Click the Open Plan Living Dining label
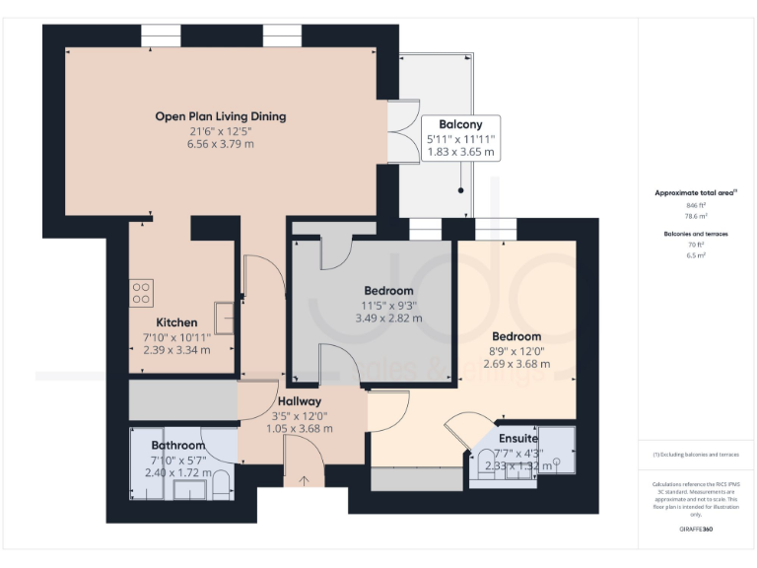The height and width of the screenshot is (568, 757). (x=221, y=116)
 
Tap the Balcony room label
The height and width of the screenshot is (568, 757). (x=460, y=124)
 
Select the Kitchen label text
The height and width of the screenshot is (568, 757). (x=176, y=322)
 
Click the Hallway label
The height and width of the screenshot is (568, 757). (x=299, y=401)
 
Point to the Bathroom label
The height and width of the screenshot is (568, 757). (x=177, y=446)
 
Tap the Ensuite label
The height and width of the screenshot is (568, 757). (x=518, y=438)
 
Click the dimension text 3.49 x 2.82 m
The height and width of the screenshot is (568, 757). (x=388, y=319)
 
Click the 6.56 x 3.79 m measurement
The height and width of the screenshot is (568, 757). (x=221, y=144)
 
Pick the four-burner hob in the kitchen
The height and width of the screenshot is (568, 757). (x=141, y=293)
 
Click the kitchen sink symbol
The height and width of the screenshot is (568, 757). (x=224, y=319)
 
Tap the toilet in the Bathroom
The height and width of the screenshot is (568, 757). (x=221, y=481)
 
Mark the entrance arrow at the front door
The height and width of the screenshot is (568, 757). (x=303, y=481)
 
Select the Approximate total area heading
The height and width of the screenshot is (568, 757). (x=695, y=193)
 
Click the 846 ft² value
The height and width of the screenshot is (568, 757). (x=696, y=205)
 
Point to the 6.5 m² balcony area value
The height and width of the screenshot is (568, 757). (x=696, y=254)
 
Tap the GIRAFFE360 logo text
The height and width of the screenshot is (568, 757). (x=696, y=529)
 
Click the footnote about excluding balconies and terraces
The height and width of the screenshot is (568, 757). (x=696, y=454)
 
